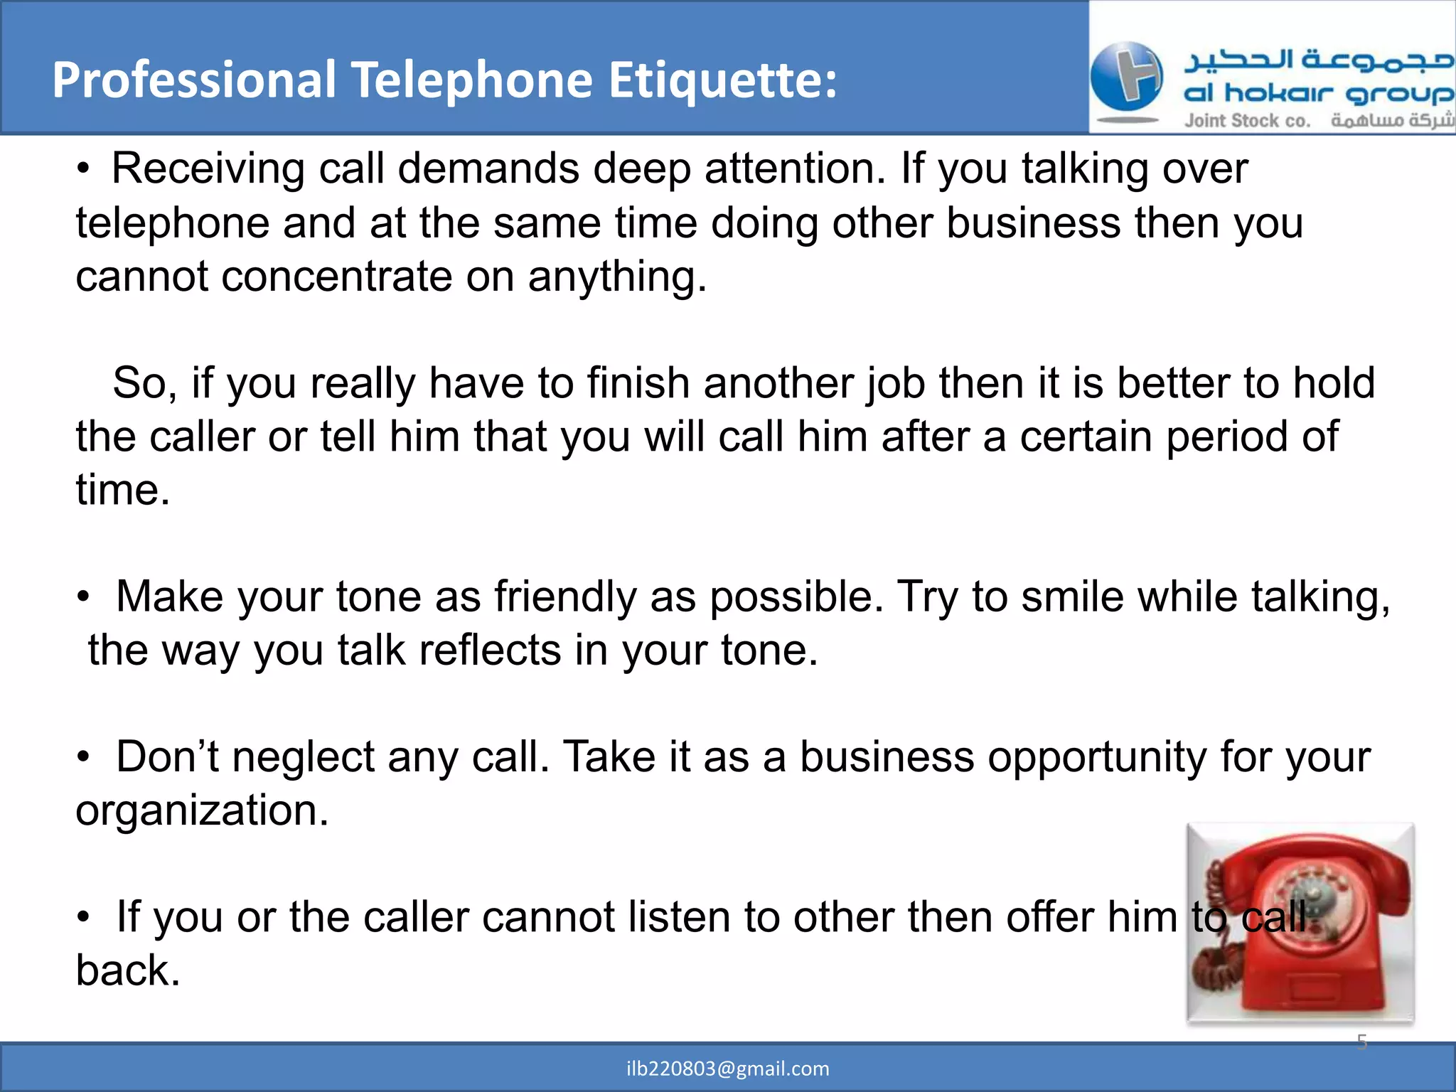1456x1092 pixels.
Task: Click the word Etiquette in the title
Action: (723, 80)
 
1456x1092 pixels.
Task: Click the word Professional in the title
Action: (193, 80)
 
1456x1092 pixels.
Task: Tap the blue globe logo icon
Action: (1126, 77)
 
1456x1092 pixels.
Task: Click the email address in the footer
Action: (728, 1069)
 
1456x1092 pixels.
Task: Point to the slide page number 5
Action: (1361, 1042)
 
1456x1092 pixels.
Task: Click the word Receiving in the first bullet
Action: (208, 169)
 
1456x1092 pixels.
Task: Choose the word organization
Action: (202, 810)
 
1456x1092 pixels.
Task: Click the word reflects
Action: (491, 650)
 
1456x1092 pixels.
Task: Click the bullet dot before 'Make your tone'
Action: (84, 596)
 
